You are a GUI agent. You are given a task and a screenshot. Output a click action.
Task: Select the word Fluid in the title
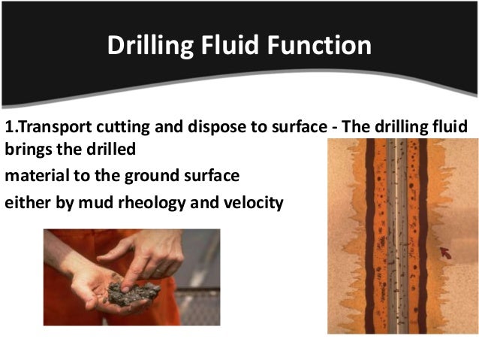(x=224, y=45)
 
